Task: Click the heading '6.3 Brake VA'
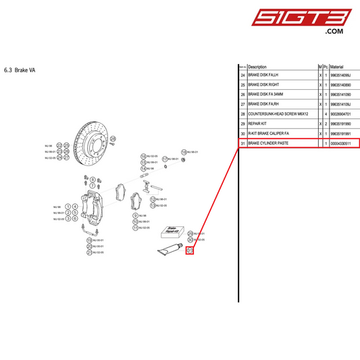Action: click(x=21, y=69)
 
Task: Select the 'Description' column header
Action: click(x=257, y=68)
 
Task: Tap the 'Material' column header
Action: click(x=337, y=68)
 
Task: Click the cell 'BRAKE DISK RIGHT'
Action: click(x=263, y=85)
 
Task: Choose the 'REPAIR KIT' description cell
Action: click(x=259, y=124)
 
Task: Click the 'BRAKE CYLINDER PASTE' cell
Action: click(x=268, y=144)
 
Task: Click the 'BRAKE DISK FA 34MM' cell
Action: click(x=267, y=95)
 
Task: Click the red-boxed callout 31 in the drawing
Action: click(x=190, y=251)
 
